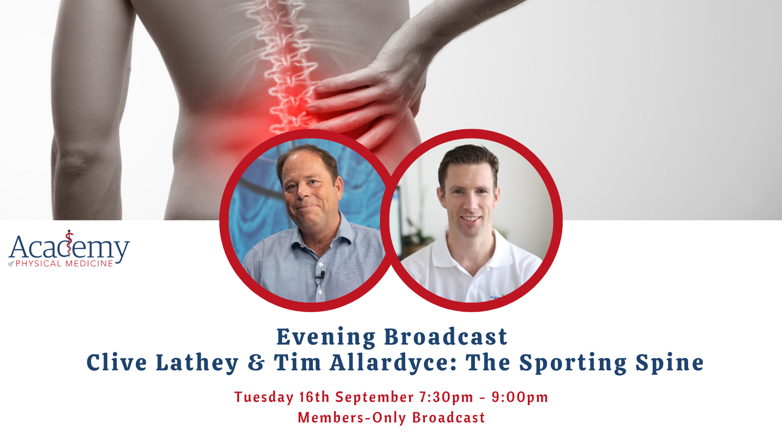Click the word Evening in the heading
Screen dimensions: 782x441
pyautogui.click(x=326, y=337)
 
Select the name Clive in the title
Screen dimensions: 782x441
pyautogui.click(x=117, y=362)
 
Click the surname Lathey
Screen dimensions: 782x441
pyautogui.click(x=197, y=363)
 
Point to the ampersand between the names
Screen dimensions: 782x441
pyautogui.click(x=256, y=363)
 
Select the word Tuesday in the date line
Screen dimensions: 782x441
pyautogui.click(x=264, y=398)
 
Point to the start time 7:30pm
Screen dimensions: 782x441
pyautogui.click(x=446, y=398)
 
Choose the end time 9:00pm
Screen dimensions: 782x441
pyautogui.click(x=520, y=398)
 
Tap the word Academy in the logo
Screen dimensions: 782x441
pyautogui.click(x=69, y=247)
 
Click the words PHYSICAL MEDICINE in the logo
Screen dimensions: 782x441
pyautogui.click(x=64, y=263)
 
